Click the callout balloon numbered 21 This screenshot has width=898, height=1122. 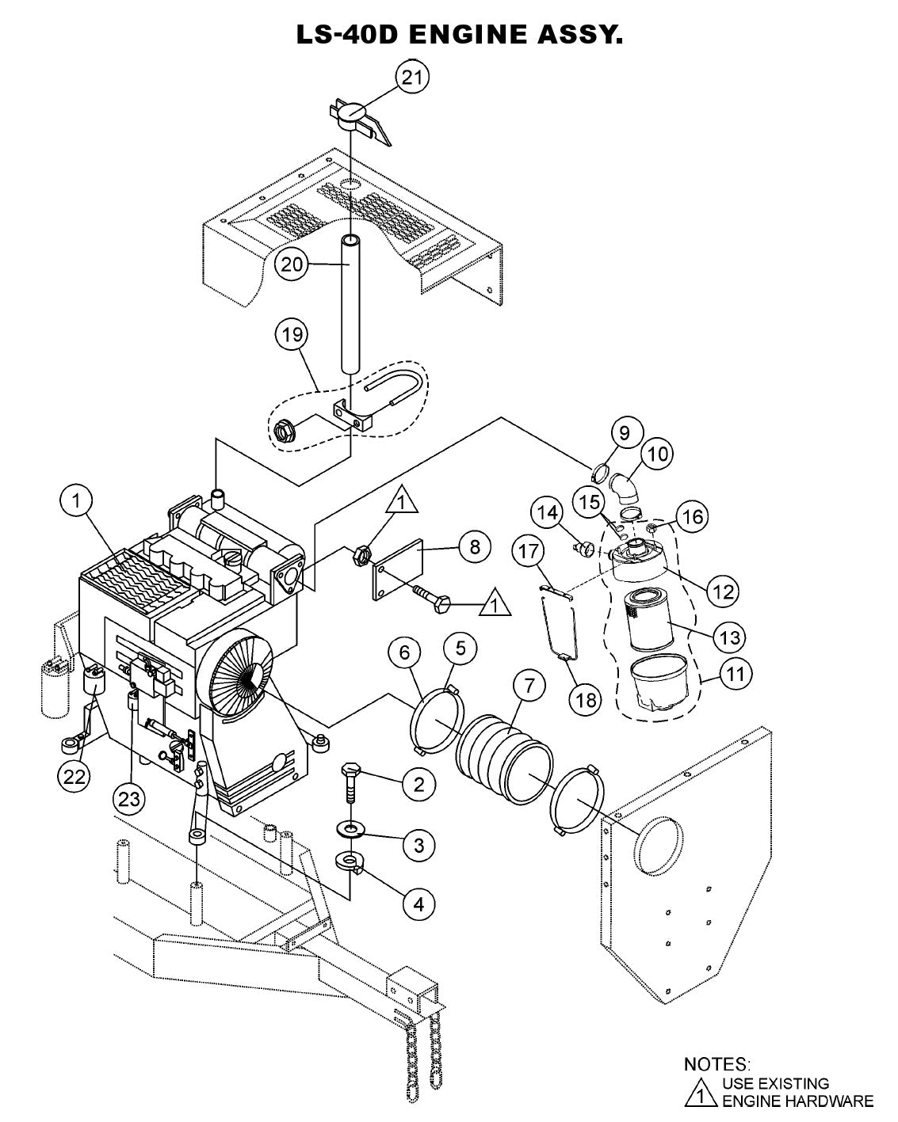click(412, 78)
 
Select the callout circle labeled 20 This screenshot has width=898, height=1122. click(292, 264)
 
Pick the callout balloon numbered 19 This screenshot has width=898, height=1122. click(292, 335)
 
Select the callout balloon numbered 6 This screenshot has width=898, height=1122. click(405, 652)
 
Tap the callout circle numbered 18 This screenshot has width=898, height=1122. click(587, 699)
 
